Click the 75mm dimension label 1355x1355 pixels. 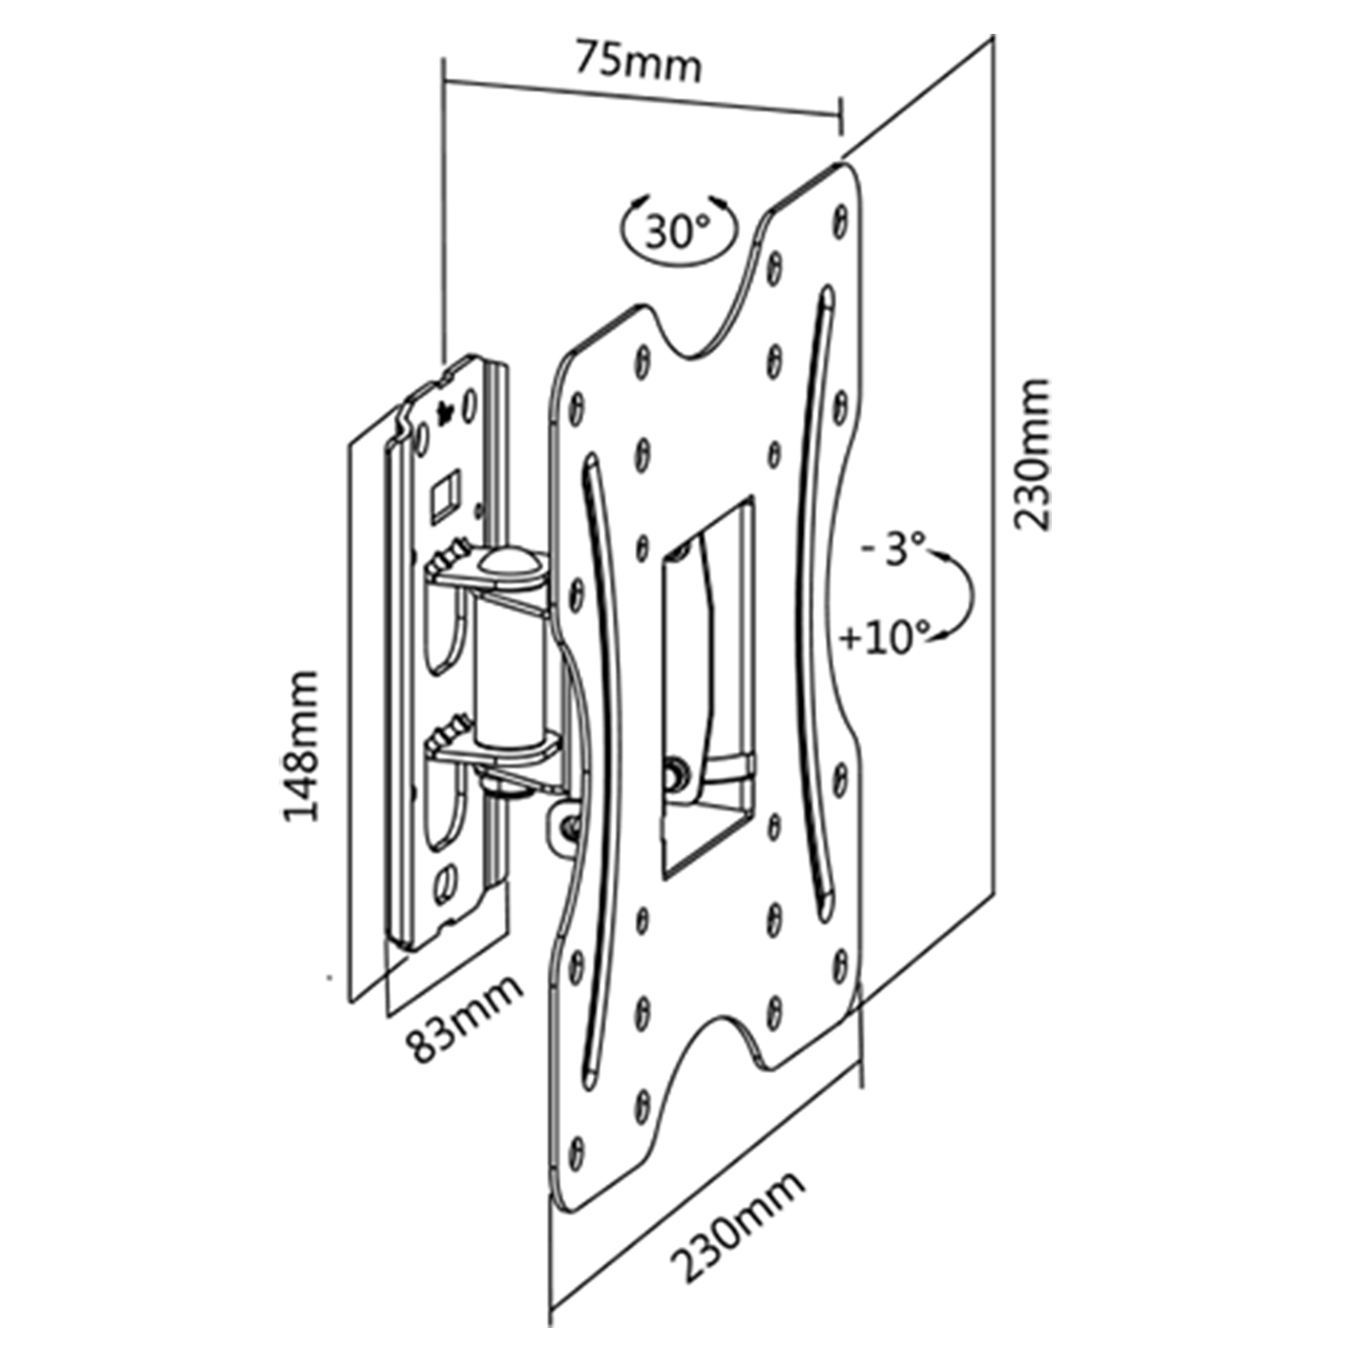[639, 61]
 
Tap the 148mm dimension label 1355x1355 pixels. [301, 745]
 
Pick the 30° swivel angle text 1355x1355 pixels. [678, 230]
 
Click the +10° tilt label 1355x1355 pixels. [884, 637]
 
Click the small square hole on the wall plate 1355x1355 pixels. [444, 493]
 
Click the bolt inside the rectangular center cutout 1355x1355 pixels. [676, 773]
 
